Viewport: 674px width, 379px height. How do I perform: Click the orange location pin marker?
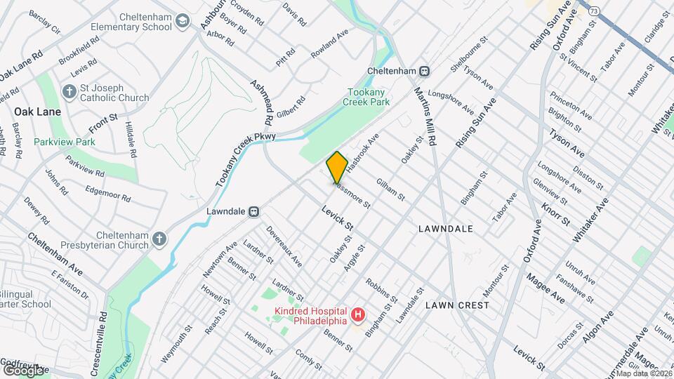[x=337, y=167]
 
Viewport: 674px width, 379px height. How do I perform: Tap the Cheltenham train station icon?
[x=424, y=71]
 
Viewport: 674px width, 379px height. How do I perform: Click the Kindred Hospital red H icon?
[x=357, y=315]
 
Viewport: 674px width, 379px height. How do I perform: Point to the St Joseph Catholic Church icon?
[x=69, y=91]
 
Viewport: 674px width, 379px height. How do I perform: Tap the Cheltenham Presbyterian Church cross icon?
[x=159, y=239]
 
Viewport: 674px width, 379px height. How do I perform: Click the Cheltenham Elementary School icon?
[x=183, y=21]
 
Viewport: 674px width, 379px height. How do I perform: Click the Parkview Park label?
[x=65, y=141]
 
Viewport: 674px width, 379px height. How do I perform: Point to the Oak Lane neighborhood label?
[x=37, y=112]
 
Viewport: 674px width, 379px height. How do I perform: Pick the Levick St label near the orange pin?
[x=338, y=218]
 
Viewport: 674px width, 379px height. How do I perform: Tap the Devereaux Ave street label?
[x=284, y=246]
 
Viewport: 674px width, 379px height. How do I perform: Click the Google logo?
[x=23, y=370]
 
